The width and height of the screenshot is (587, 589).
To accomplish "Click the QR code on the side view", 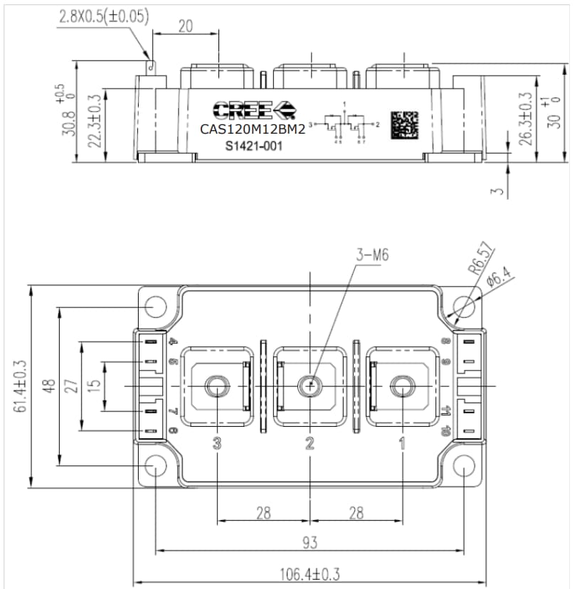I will [403, 124].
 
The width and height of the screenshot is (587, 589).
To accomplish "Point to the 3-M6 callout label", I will [371, 255].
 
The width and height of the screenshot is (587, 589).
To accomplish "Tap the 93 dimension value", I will [310, 543].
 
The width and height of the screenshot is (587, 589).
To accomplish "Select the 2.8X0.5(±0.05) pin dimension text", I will [104, 16].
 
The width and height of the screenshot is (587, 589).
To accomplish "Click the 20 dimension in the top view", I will [185, 26].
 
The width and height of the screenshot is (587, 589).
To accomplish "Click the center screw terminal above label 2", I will [310, 386].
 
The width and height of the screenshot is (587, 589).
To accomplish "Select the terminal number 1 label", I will [402, 444].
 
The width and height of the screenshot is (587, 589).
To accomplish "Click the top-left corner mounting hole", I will [155, 306].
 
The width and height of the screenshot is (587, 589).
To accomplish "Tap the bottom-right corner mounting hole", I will [464, 466].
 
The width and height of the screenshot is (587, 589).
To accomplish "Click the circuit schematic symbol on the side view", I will [344, 125].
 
